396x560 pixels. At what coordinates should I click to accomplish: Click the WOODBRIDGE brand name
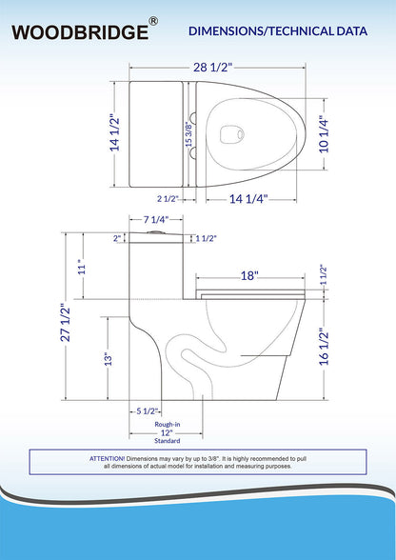coord(80,32)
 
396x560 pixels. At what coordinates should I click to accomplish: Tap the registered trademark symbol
coord(153,21)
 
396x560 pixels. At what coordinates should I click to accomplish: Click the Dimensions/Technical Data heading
coord(278,31)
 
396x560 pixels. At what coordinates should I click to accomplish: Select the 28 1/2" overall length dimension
coord(213,67)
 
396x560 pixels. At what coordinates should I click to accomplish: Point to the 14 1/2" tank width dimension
coord(115,132)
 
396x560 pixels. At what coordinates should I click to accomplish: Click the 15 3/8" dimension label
coord(188,134)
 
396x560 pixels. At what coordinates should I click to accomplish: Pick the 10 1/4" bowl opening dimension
coord(324,134)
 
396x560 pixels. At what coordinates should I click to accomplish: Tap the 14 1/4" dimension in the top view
coord(248,198)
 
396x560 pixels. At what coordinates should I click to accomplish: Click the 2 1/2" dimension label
coord(168,199)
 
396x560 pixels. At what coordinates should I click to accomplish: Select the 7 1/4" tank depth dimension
coord(156,220)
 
